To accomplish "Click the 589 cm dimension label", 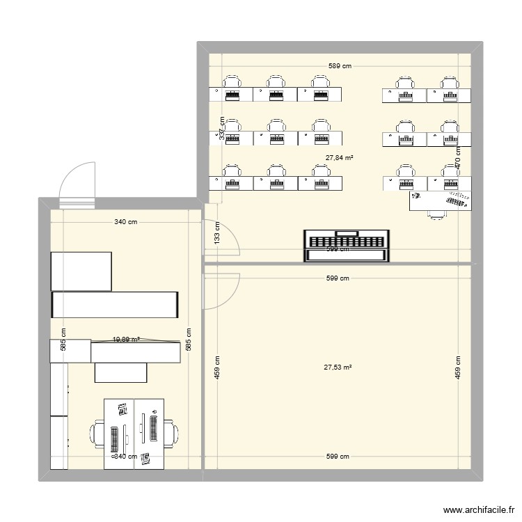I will pyautogui.click(x=340, y=66).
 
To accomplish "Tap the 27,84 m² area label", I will pyautogui.click(x=339, y=157).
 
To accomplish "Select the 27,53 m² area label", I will pyautogui.click(x=338, y=367).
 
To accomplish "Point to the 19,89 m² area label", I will pyautogui.click(x=126, y=340).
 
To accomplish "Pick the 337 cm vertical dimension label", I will pyautogui.click(x=221, y=127).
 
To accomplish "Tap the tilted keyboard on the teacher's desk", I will pyautogui.click(x=457, y=201).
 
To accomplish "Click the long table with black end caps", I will pyautogui.click(x=116, y=304).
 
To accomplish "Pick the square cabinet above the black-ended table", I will pyautogui.click(x=81, y=271).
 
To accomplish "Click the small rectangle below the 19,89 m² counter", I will pyautogui.click(x=121, y=372).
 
